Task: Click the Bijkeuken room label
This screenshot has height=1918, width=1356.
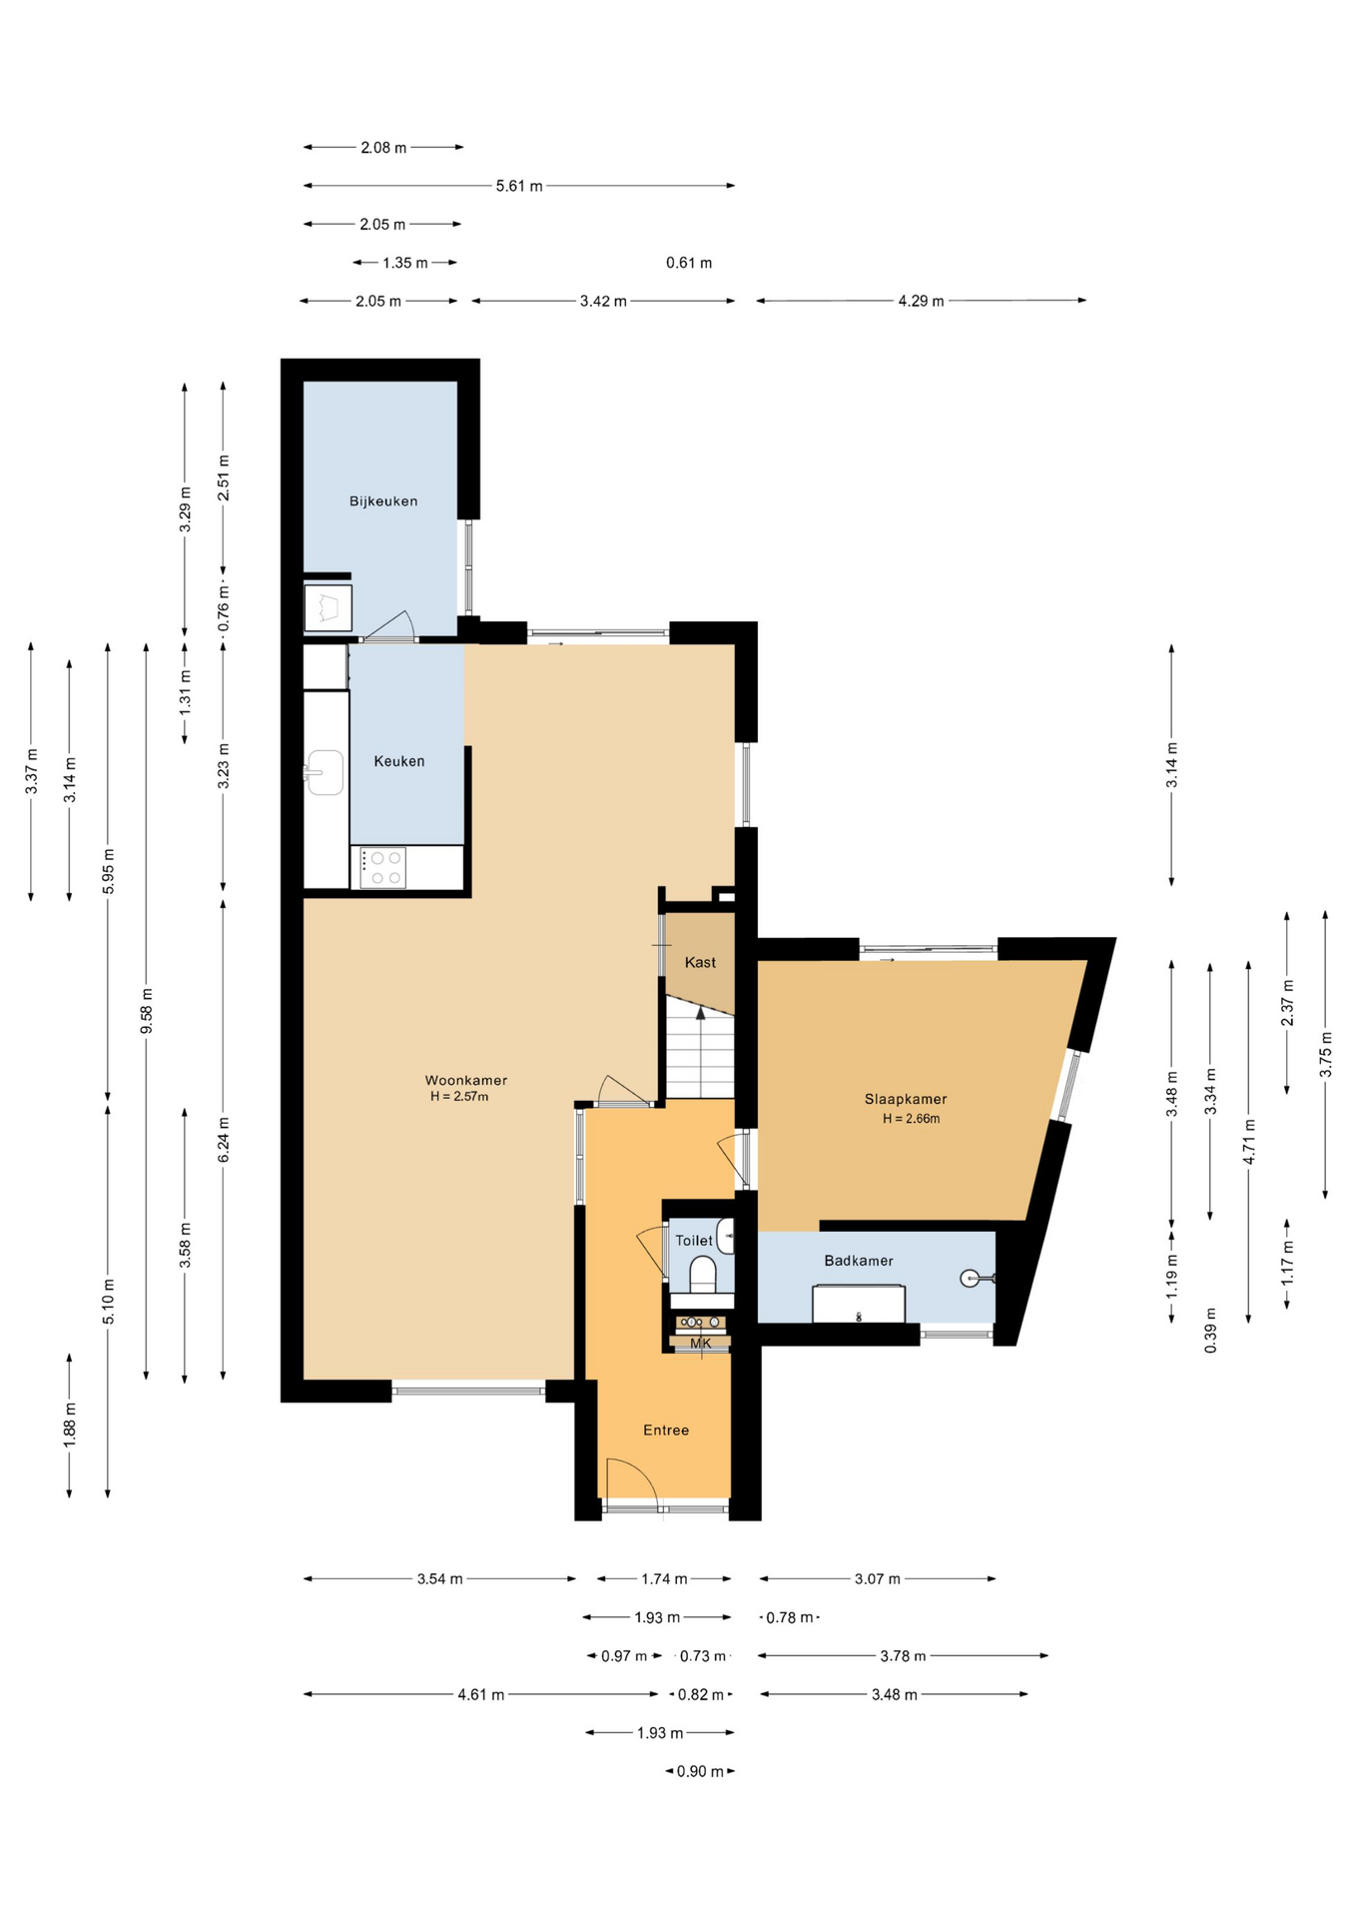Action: click(383, 501)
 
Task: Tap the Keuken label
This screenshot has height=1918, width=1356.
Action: click(399, 761)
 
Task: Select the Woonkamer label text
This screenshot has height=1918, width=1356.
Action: click(466, 1080)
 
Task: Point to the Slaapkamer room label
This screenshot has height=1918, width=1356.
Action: click(906, 1100)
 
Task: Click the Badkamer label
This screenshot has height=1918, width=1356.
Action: click(859, 1261)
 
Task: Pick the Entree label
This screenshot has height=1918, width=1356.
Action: click(666, 1431)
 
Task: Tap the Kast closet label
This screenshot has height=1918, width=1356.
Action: click(700, 963)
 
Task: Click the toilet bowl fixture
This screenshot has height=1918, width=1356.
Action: click(703, 1275)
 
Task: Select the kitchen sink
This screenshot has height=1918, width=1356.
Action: click(325, 772)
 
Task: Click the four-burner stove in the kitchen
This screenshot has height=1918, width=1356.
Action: click(383, 868)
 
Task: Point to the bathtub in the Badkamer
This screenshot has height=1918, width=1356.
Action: click(859, 1304)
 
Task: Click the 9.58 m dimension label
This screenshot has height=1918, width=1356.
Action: click(147, 1011)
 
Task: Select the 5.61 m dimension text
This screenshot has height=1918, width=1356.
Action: click(519, 186)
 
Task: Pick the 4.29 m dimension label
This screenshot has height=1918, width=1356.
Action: click(921, 301)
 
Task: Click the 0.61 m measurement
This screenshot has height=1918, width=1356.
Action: click(689, 263)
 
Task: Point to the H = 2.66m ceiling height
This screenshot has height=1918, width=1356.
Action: click(911, 1119)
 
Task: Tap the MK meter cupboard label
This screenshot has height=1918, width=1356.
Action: click(701, 1344)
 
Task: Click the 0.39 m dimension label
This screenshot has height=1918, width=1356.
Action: click(1211, 1331)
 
